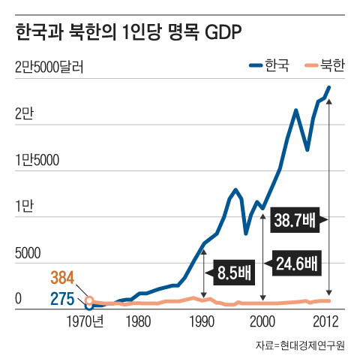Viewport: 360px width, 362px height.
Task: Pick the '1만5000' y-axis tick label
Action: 36,160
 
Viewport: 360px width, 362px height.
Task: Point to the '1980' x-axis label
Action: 136,322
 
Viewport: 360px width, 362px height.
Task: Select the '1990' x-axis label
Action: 201,322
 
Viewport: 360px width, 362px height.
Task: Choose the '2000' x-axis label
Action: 262,322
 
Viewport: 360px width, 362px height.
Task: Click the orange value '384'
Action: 64,277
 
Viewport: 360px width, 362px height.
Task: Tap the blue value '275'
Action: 62,299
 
